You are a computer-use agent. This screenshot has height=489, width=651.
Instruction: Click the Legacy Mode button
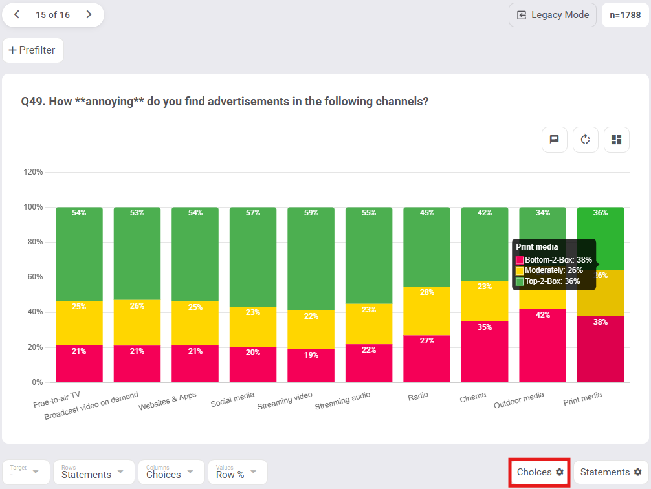553,15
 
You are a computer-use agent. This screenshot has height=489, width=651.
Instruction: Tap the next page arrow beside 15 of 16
89,15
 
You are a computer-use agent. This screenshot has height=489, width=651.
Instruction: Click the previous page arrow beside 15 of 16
17,15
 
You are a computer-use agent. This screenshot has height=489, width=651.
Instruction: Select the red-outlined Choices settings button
540,472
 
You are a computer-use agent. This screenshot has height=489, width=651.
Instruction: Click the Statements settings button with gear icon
610,472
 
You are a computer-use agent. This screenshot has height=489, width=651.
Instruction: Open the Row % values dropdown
237,472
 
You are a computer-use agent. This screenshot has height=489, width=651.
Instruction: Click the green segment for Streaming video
311,259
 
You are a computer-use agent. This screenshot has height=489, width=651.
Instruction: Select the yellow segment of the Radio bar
426,310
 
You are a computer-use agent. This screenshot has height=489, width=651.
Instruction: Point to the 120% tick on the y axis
33,172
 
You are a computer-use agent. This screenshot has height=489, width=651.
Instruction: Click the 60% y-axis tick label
33,277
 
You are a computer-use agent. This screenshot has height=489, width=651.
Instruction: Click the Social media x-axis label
232,399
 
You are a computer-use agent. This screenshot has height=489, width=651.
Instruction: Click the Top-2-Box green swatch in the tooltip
520,281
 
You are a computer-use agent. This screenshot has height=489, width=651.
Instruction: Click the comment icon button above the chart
555,140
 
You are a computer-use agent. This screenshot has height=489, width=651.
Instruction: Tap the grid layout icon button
616,140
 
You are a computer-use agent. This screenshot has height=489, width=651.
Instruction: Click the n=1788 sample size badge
625,15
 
